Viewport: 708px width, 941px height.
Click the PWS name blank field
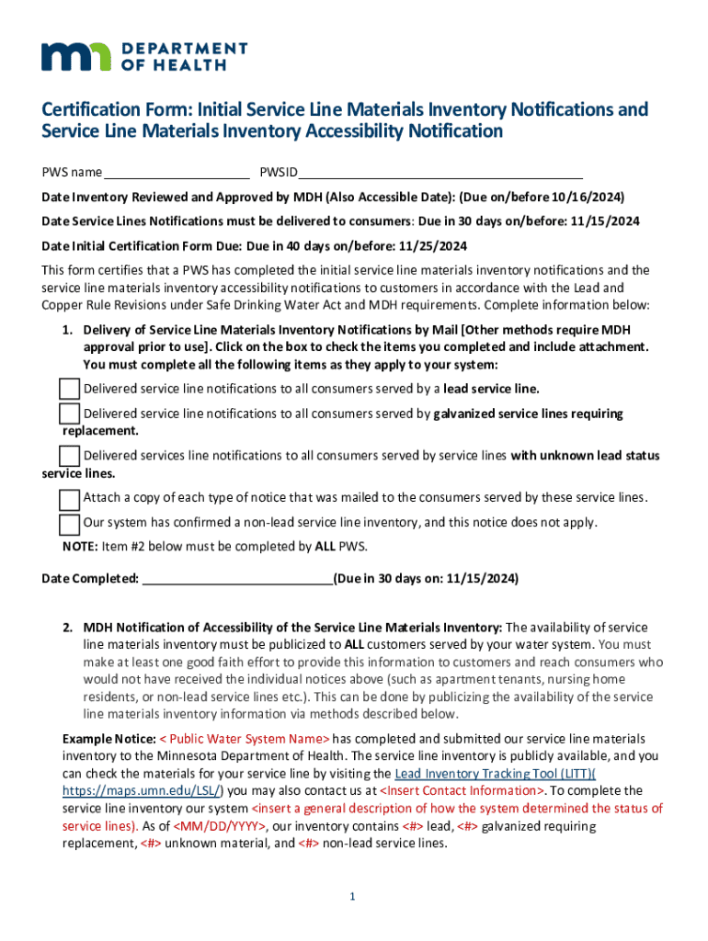pyautogui.click(x=177, y=173)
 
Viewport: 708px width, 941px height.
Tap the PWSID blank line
pyautogui.click(x=440, y=173)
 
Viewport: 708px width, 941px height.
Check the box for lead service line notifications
pyautogui.click(x=70, y=388)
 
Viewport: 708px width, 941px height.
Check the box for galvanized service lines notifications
pyautogui.click(x=70, y=414)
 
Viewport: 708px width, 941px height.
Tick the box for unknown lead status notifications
pyautogui.click(x=70, y=456)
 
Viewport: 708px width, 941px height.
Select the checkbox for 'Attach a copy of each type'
pyautogui.click(x=70, y=499)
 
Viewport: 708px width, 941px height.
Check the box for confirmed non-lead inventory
pyautogui.click(x=70, y=524)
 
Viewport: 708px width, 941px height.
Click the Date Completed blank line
pyautogui.click(x=238, y=580)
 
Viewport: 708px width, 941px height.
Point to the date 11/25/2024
pyautogui.click(x=432, y=246)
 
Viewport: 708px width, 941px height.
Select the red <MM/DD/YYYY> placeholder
pyautogui.click(x=221, y=826)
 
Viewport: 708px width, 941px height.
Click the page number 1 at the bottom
pyautogui.click(x=353, y=897)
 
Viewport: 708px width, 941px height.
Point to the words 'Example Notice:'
pyautogui.click(x=108, y=739)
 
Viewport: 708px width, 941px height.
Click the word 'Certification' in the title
pyautogui.click(x=91, y=110)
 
